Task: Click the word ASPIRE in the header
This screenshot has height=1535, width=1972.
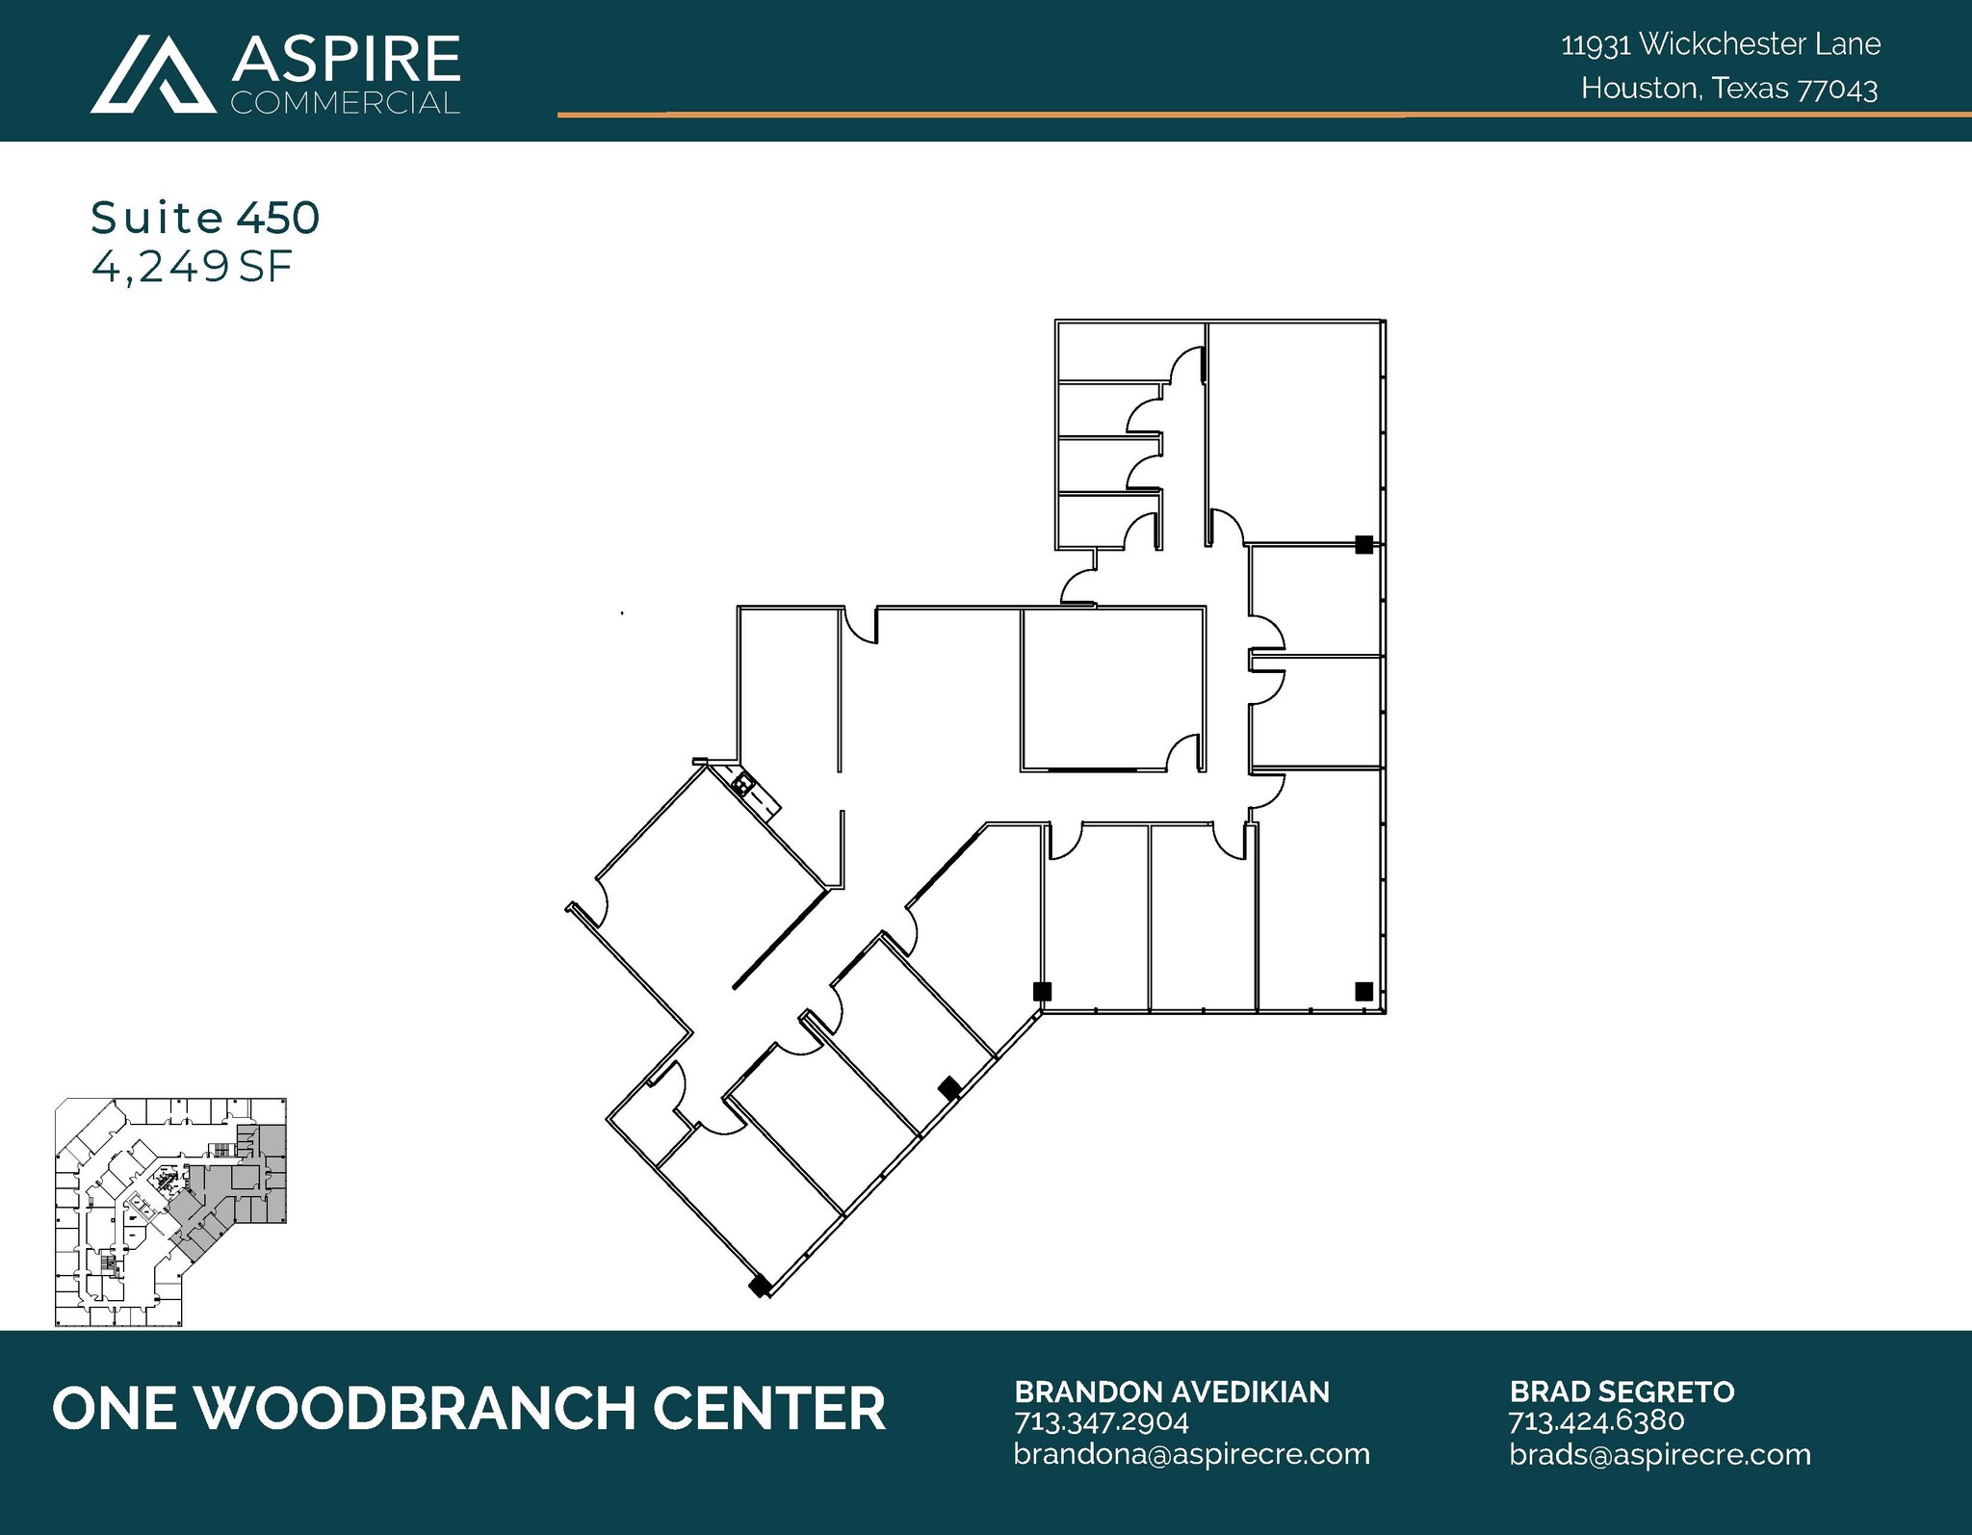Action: click(346, 60)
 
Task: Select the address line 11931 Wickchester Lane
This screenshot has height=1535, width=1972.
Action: click(1721, 44)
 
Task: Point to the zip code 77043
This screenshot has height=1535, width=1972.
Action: click(1838, 90)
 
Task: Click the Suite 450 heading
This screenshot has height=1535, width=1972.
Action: click(205, 219)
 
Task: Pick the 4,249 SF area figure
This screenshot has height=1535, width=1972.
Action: click(192, 267)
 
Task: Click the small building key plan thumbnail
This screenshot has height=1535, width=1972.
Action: click(171, 1212)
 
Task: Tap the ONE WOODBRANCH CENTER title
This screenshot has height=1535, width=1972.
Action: click(469, 1408)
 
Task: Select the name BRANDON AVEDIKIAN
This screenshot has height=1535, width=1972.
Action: click(1172, 1392)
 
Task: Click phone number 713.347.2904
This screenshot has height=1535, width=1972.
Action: click(1102, 1421)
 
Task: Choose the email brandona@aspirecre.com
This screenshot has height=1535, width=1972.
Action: click(1191, 1453)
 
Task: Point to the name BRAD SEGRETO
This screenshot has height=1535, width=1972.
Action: click(1622, 1392)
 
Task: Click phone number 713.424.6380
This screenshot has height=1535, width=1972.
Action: click(1596, 1421)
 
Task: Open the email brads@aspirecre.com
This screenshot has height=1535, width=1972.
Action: click(1660, 1453)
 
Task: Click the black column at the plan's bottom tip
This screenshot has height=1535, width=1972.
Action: click(760, 1285)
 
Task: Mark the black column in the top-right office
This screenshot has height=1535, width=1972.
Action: click(1363, 545)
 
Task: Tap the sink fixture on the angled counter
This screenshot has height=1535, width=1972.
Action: click(741, 786)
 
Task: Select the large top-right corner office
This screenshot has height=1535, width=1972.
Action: click(1293, 429)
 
